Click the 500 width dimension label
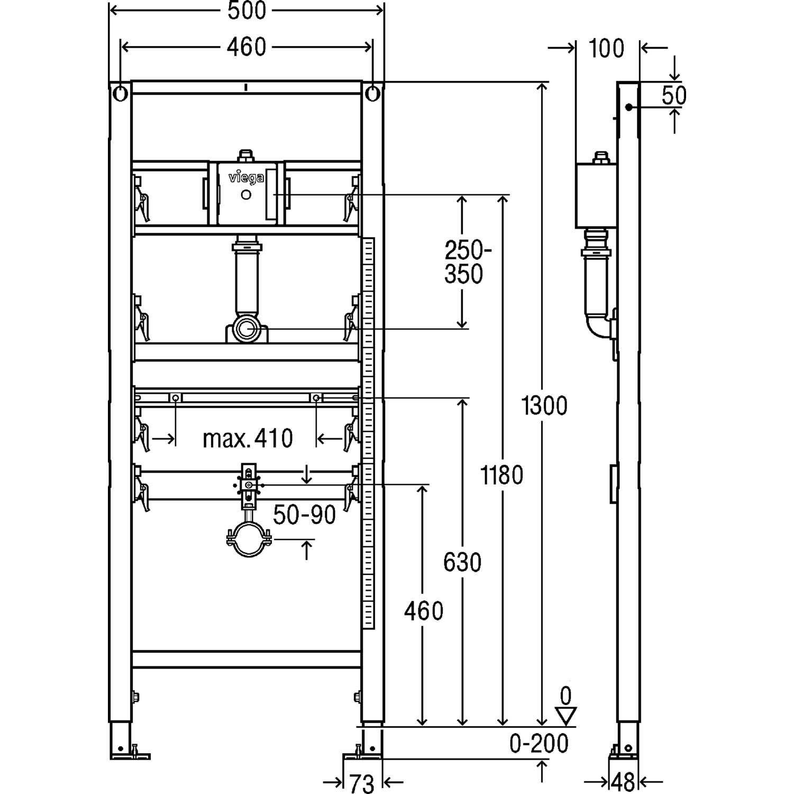pos(247,11)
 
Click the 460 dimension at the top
pos(247,47)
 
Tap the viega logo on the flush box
pos(246,178)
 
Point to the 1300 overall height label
pos(544,405)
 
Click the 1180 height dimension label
pos(501,475)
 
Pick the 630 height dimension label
pos(462,562)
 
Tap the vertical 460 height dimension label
pos(424,611)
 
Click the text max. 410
pos(248,438)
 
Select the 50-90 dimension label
pos(305,515)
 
